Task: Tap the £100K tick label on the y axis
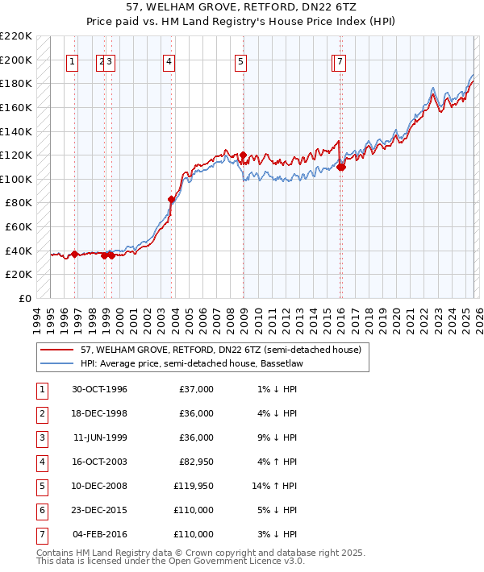[x=17, y=179]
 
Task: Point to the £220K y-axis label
[x=17, y=36]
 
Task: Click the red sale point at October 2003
[x=171, y=199]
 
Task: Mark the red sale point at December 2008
[x=243, y=155]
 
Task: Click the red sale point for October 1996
[x=75, y=254]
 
